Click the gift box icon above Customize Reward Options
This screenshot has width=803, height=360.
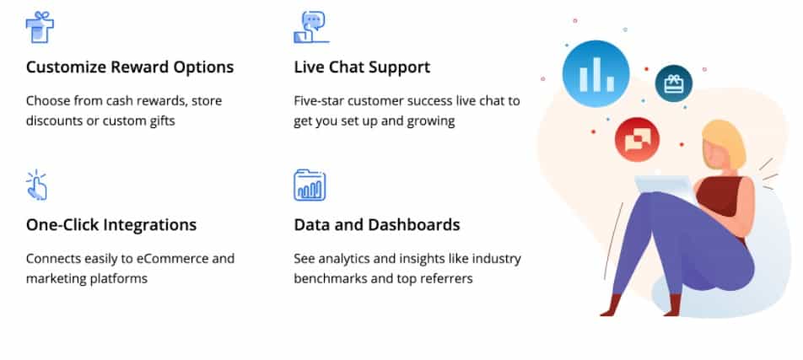point(40,28)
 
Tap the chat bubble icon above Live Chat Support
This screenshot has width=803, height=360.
point(311,28)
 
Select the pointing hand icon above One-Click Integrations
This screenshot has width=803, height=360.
point(37,185)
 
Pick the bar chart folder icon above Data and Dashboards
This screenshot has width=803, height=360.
point(310,185)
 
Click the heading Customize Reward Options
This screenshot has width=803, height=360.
point(130,67)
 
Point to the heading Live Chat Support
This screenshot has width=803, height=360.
point(362,67)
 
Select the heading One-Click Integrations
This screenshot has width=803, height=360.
point(111,225)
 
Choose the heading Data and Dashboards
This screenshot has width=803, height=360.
point(377,225)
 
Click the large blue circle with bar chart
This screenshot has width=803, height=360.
point(596,73)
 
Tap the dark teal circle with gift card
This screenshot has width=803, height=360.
point(673,83)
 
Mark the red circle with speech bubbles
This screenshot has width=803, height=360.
point(637,139)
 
